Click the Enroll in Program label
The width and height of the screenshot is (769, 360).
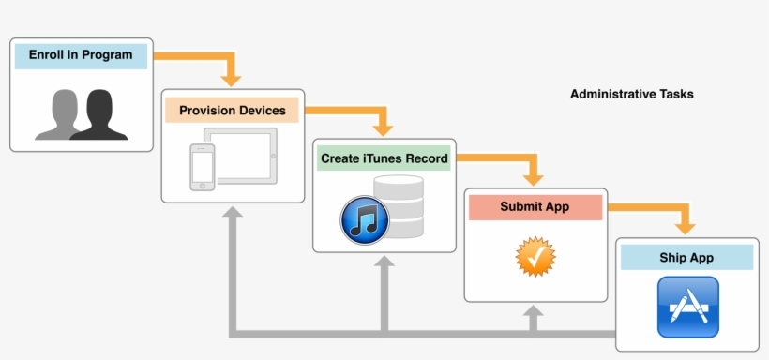[x=81, y=55]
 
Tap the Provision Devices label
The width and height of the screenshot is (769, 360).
[x=233, y=111]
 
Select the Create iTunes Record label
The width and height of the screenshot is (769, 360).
[x=384, y=159]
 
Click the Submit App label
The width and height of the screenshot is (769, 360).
[x=535, y=207]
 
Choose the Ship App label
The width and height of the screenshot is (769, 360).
[x=686, y=257]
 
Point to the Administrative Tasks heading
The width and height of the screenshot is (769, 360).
[x=631, y=95]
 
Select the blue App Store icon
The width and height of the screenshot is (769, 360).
[x=688, y=307]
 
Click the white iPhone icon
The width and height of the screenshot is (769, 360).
[x=203, y=167]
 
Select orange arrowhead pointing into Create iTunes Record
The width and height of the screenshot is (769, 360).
[x=383, y=127]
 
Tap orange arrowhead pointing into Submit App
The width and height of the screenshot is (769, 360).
[x=535, y=176]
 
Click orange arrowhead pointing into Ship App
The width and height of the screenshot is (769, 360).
[x=686, y=226]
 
